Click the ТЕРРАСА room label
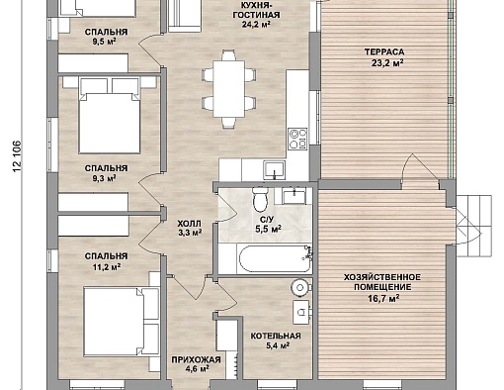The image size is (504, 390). (x=384, y=52)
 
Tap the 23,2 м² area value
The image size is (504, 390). (x=387, y=63)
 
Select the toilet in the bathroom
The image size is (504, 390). (x=261, y=199)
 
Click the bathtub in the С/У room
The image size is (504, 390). (x=275, y=259)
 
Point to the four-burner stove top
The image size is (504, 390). (x=297, y=139)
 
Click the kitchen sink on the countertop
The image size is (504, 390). (x=274, y=170)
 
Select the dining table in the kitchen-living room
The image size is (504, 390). (x=228, y=89)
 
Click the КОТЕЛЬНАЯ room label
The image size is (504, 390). (x=276, y=336)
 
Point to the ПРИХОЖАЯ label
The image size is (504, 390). (x=196, y=359)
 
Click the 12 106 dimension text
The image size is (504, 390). (x=18, y=156)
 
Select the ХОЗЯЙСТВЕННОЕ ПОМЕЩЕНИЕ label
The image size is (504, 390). (x=382, y=282)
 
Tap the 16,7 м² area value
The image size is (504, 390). (x=383, y=299)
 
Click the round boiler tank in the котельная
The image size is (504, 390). (x=299, y=288)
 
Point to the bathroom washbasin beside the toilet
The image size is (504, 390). (x=293, y=196)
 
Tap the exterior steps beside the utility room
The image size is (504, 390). (x=474, y=226)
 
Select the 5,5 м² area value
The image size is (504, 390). (x=269, y=229)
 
